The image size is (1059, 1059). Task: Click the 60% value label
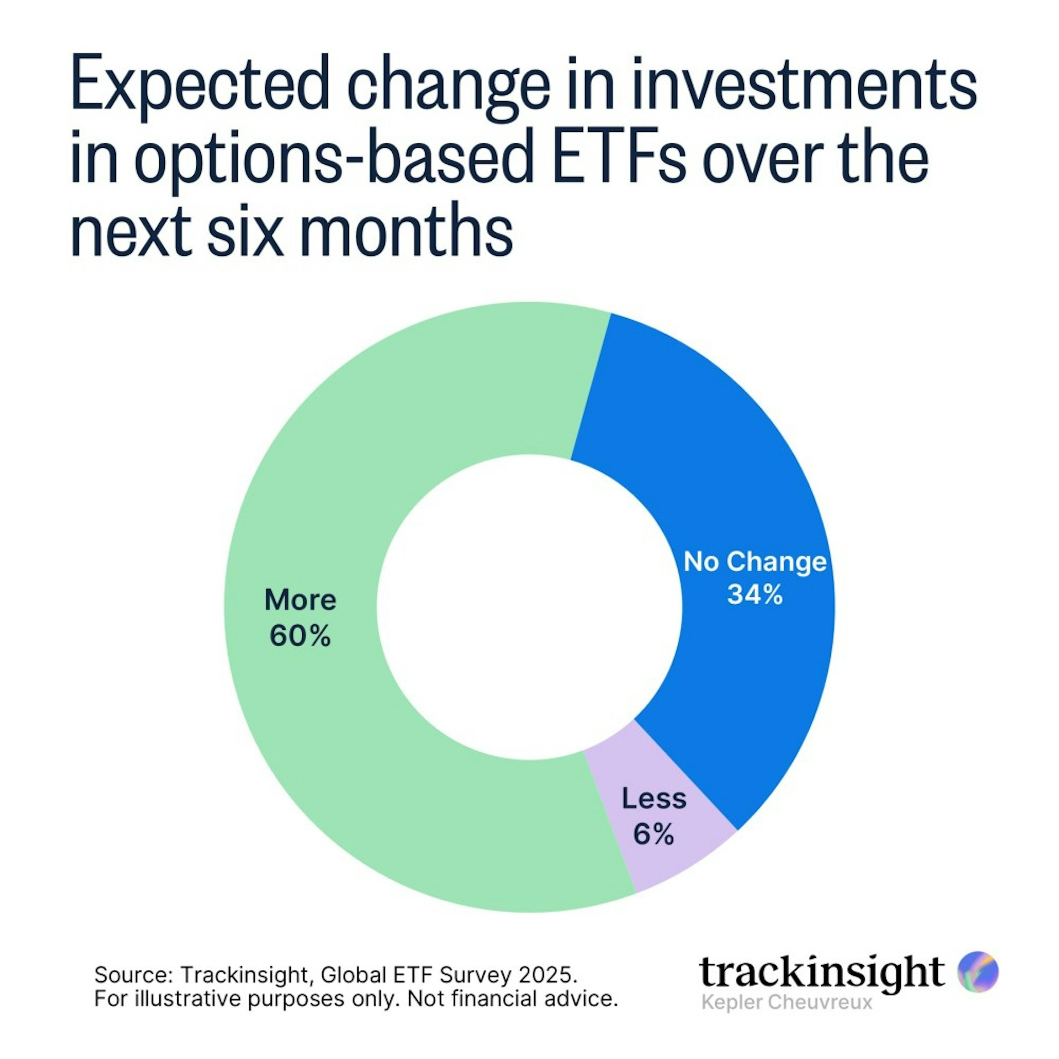(300, 636)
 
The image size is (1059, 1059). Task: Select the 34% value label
(755, 595)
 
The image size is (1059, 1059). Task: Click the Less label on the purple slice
(654, 799)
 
